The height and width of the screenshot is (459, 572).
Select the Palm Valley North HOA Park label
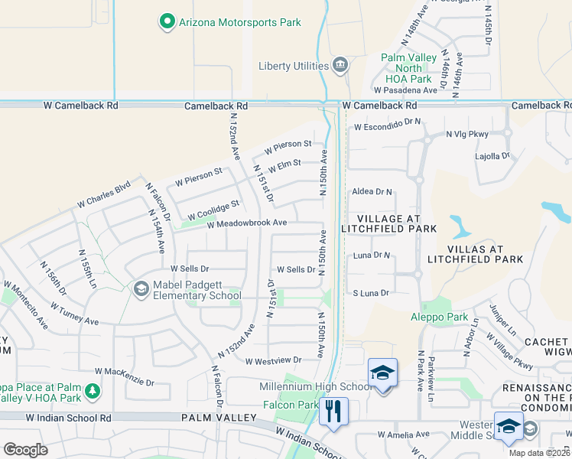pos(409,68)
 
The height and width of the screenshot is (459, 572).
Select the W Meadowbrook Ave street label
pos(246,223)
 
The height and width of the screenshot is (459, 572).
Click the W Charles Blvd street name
pos(104,195)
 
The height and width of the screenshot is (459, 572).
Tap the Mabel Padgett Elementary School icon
pos(141,288)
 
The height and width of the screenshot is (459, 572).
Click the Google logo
pos(25,450)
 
